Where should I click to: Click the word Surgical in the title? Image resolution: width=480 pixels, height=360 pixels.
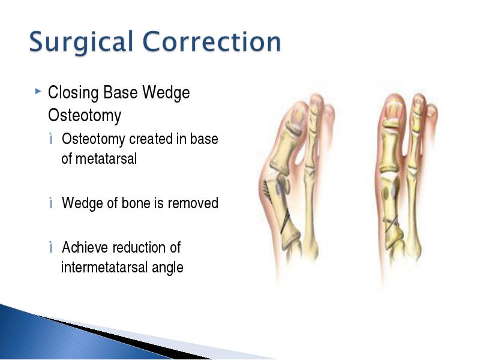click(81, 42)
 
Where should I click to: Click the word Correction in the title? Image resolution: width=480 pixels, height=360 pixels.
click(212, 41)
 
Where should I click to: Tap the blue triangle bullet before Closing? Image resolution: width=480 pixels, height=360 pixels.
click(38, 91)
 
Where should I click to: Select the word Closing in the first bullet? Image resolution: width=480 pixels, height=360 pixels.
click(73, 93)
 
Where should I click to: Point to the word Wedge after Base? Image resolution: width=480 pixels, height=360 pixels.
click(166, 93)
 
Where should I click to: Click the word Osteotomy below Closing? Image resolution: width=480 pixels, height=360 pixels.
click(85, 115)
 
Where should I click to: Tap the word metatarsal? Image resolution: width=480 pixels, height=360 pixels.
click(106, 159)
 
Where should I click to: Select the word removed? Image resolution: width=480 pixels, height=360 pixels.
click(193, 203)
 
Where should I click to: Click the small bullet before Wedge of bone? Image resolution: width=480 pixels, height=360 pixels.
click(51, 203)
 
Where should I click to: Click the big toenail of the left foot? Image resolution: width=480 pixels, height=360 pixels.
click(296, 116)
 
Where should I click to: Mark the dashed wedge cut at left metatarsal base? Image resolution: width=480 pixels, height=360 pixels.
click(285, 221)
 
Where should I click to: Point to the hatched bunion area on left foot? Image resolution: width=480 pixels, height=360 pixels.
click(267, 191)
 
